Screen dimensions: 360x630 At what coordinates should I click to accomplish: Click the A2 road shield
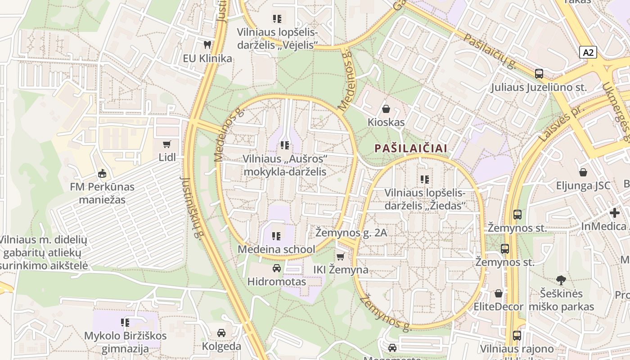click(588, 53)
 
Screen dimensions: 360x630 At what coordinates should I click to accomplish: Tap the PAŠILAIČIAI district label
click(411, 148)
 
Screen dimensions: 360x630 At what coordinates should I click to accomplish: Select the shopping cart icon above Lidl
click(167, 144)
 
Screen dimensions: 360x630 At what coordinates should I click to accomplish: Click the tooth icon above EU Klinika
click(207, 45)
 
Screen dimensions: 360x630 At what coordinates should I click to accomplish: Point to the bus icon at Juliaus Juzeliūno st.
click(539, 74)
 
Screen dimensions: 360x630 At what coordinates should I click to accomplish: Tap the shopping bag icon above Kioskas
click(386, 109)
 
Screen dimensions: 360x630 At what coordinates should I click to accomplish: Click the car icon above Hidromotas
click(276, 269)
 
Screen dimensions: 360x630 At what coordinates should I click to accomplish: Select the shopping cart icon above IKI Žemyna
click(341, 256)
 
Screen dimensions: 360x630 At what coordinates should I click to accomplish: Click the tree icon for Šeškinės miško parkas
click(561, 280)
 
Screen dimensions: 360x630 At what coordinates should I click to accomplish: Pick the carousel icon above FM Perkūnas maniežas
click(102, 173)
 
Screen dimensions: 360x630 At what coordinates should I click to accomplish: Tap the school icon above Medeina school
click(276, 236)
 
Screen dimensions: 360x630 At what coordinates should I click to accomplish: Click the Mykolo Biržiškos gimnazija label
click(125, 342)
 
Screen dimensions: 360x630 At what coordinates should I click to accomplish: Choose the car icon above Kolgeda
click(221, 333)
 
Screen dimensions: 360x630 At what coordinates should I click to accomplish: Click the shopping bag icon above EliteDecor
click(498, 293)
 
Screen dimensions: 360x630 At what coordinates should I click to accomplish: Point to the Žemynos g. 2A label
click(351, 233)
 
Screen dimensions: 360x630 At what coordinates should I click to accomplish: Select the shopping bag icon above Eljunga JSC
click(583, 172)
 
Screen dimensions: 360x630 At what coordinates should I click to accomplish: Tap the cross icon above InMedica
click(615, 213)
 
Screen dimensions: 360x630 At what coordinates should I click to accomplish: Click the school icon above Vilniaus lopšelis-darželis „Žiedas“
click(424, 180)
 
